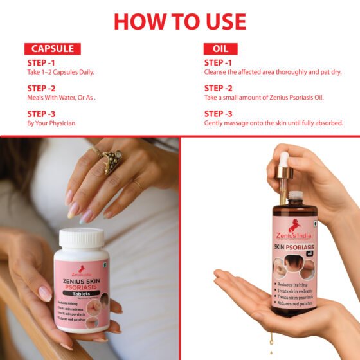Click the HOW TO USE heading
click(x=179, y=21)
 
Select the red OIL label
click(x=221, y=49)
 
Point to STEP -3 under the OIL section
click(x=219, y=113)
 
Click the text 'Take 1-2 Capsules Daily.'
click(x=61, y=72)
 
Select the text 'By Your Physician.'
click(x=52, y=123)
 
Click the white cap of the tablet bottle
click(x=81, y=238)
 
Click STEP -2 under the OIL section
click(x=219, y=88)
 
